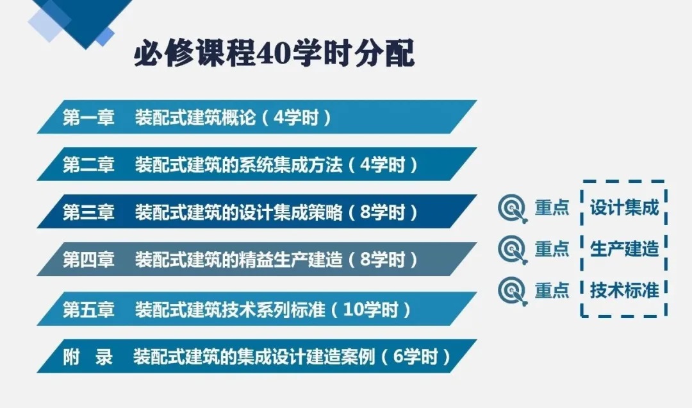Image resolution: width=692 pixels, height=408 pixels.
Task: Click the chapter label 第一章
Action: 88,117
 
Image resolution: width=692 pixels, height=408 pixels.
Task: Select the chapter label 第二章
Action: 88,165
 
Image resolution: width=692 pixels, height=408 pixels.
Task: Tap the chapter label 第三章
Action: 88,212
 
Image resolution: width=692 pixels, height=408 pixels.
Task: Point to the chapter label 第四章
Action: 88,259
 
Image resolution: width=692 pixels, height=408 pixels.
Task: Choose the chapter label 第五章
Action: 88,309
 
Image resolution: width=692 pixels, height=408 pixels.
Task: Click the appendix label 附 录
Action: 88,357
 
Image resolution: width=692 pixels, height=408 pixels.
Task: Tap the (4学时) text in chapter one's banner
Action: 296,117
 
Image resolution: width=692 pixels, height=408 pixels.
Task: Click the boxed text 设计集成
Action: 624,208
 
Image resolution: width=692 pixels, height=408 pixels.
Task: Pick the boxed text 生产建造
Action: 624,249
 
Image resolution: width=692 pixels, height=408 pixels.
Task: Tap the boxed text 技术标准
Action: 624,291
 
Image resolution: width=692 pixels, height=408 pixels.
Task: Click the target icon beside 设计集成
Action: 513,208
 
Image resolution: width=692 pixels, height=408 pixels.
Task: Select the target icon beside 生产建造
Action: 513,250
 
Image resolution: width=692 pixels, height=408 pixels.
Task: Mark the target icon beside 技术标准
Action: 513,291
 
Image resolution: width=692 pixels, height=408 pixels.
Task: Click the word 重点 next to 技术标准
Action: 552,291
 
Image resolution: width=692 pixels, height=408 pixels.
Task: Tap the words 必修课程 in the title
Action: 195,54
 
